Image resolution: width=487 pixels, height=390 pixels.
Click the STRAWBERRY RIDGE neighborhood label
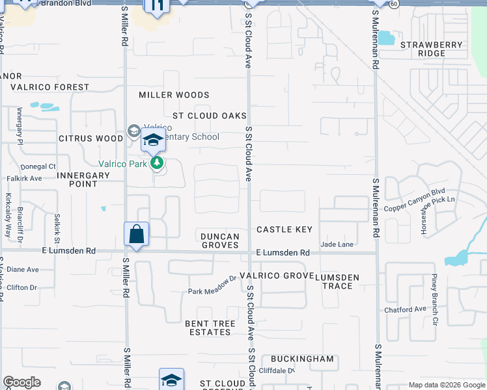tap(440, 49)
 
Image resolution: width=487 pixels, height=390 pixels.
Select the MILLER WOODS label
tap(165, 95)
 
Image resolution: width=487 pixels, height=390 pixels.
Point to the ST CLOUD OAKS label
tap(210, 116)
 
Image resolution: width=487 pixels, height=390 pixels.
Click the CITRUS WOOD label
tap(90, 138)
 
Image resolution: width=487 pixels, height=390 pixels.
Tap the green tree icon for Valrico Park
tap(157, 162)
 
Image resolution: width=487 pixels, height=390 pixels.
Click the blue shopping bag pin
tap(137, 234)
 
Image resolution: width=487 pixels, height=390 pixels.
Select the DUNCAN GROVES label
tap(220, 240)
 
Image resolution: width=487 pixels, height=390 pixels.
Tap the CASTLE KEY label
tap(285, 229)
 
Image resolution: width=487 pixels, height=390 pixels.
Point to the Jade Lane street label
tap(337, 244)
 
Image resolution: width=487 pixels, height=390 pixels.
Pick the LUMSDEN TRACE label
tap(337, 281)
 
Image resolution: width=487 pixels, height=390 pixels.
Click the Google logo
tap(22, 382)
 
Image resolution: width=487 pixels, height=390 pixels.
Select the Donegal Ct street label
tap(38, 166)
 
